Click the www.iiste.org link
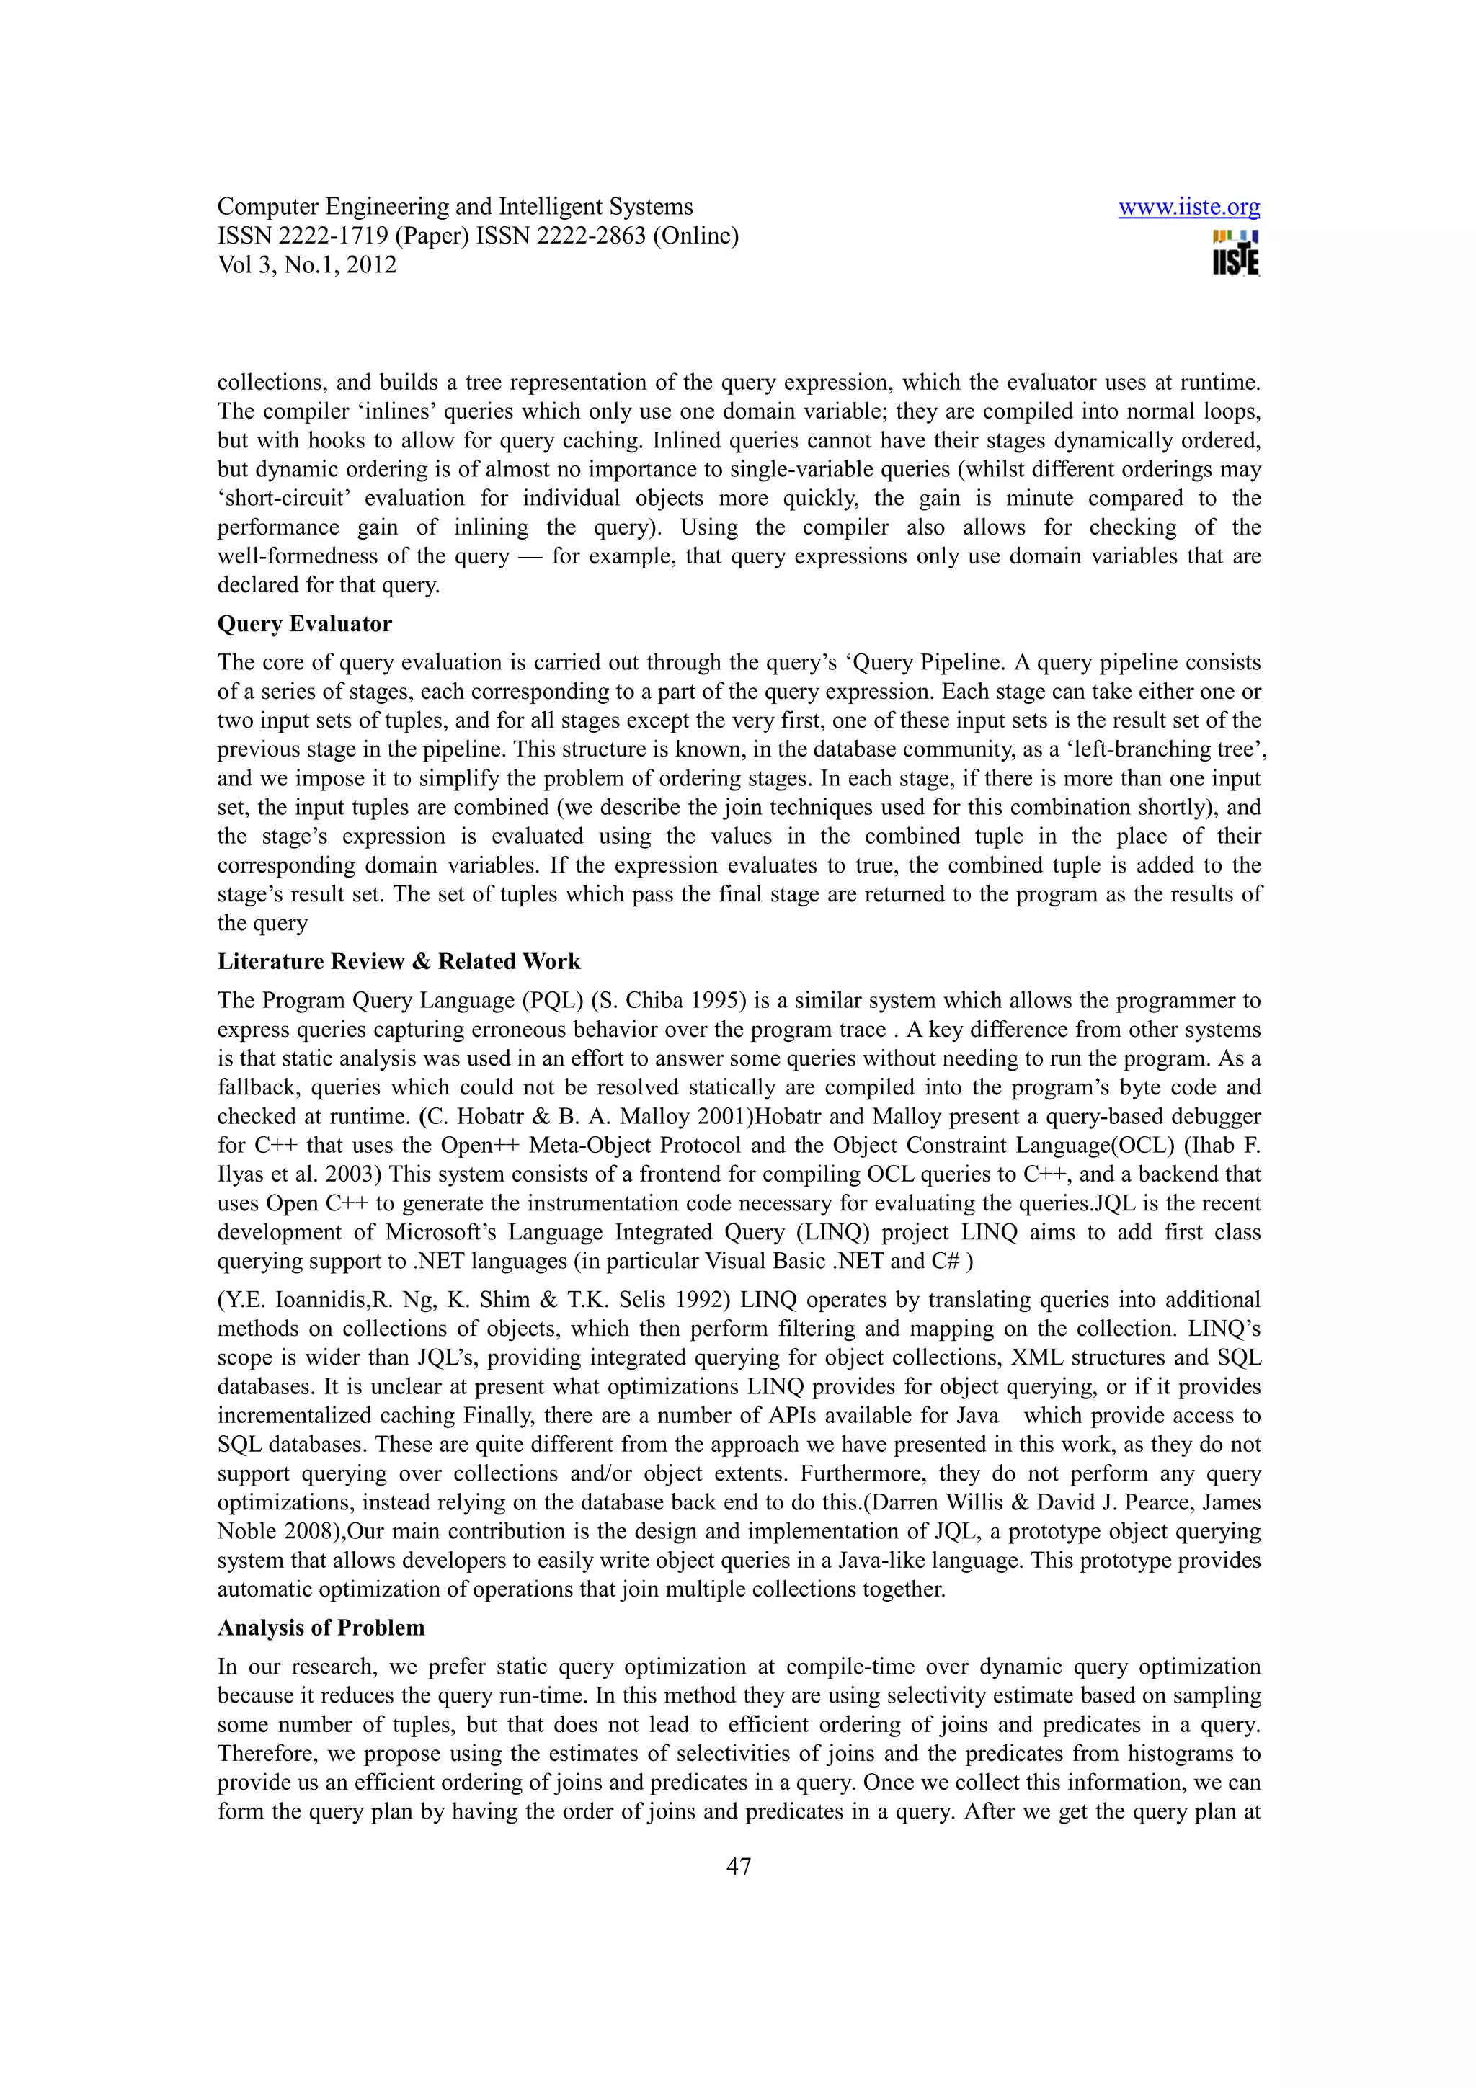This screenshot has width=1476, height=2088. pos(1188,208)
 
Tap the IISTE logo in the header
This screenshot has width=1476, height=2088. pos(1236,254)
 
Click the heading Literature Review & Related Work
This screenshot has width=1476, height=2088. pos(399,961)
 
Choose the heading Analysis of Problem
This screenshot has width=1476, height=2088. pos(321,1627)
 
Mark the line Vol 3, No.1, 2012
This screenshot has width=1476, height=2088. pos(308,266)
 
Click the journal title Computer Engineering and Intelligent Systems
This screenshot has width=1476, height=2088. pos(455,208)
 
